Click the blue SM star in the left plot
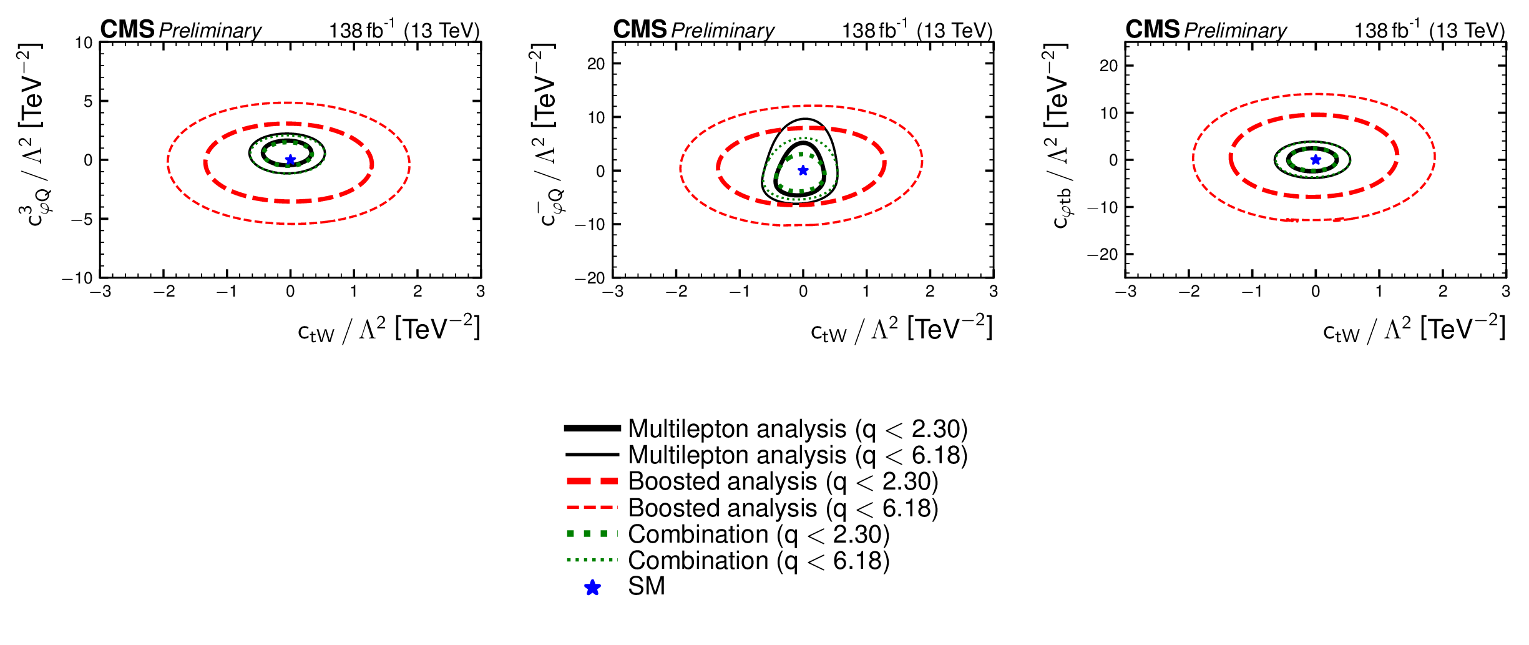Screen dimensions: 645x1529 [x=290, y=160]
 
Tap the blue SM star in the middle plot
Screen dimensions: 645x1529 [x=803, y=170]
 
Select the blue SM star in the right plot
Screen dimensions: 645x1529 [x=1316, y=160]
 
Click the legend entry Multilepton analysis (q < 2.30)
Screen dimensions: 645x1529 [x=798, y=429]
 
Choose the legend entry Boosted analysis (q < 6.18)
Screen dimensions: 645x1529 [x=783, y=508]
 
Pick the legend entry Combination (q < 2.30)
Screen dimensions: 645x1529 [x=758, y=534]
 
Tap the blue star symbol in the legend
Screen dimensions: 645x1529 [x=592, y=588]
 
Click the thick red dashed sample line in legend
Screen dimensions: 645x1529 [x=592, y=481]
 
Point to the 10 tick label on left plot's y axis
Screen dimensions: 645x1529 [x=84, y=43]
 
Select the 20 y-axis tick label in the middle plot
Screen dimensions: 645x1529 [x=596, y=64]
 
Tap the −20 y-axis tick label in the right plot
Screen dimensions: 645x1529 [x=1103, y=254]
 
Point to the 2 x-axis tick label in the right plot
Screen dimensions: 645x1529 [x=1442, y=292]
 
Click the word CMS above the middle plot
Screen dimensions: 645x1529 [x=640, y=29]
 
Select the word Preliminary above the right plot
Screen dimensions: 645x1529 [x=1235, y=30]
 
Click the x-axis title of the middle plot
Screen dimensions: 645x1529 [x=901, y=329]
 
